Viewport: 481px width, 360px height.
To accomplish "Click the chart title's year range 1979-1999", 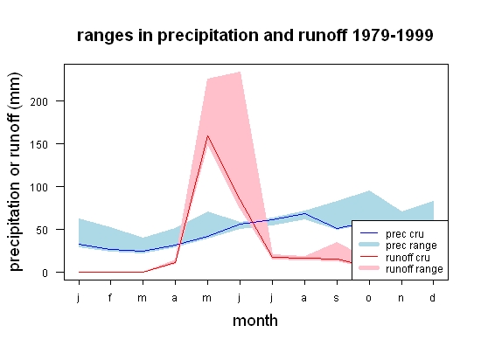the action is click(393, 35).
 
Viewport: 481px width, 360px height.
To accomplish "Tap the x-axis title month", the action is click(255, 321).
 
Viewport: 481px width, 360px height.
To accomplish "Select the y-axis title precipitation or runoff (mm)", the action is click(15, 171).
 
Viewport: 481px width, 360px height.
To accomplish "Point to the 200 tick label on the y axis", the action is click(39, 101).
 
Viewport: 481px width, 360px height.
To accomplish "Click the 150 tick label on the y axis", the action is click(39, 145).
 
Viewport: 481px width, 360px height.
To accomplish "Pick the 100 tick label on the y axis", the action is click(39, 188).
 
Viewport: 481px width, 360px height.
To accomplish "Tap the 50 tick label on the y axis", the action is click(42, 231).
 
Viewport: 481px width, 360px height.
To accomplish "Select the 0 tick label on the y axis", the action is click(45, 273).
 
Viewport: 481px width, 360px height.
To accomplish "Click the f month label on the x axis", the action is click(110, 297).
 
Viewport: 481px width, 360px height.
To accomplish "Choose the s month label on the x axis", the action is click(337, 298).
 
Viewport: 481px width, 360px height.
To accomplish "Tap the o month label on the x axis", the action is click(369, 298).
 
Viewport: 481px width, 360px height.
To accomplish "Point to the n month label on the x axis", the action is click(401, 298).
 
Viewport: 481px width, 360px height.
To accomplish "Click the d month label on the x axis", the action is click(433, 297).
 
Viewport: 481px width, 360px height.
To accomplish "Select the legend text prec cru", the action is click(405, 234).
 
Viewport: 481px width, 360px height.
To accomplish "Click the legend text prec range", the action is click(411, 246).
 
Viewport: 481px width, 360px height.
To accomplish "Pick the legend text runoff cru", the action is click(408, 258).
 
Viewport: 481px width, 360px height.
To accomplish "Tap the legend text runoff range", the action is click(415, 269).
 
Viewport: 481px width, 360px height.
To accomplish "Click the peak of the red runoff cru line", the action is click(207, 135).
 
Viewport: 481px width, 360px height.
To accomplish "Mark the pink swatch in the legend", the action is click(369, 268).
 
